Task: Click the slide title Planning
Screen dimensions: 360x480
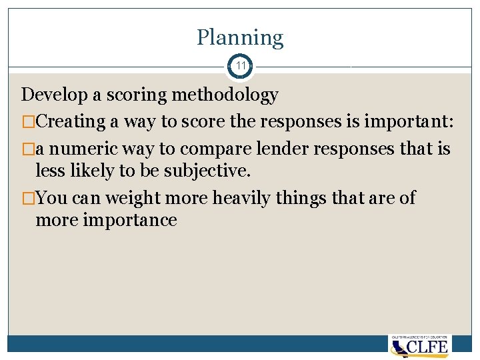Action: coord(240,38)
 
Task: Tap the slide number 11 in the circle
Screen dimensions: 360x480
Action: coord(240,67)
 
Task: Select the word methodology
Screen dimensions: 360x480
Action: coord(225,95)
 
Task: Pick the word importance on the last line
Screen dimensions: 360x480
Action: coord(129,221)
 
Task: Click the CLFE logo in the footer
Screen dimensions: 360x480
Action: coord(419,346)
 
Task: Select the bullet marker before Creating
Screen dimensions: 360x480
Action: coord(27,121)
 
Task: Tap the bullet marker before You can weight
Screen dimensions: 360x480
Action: coord(27,197)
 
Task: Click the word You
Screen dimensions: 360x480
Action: coord(51,197)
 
